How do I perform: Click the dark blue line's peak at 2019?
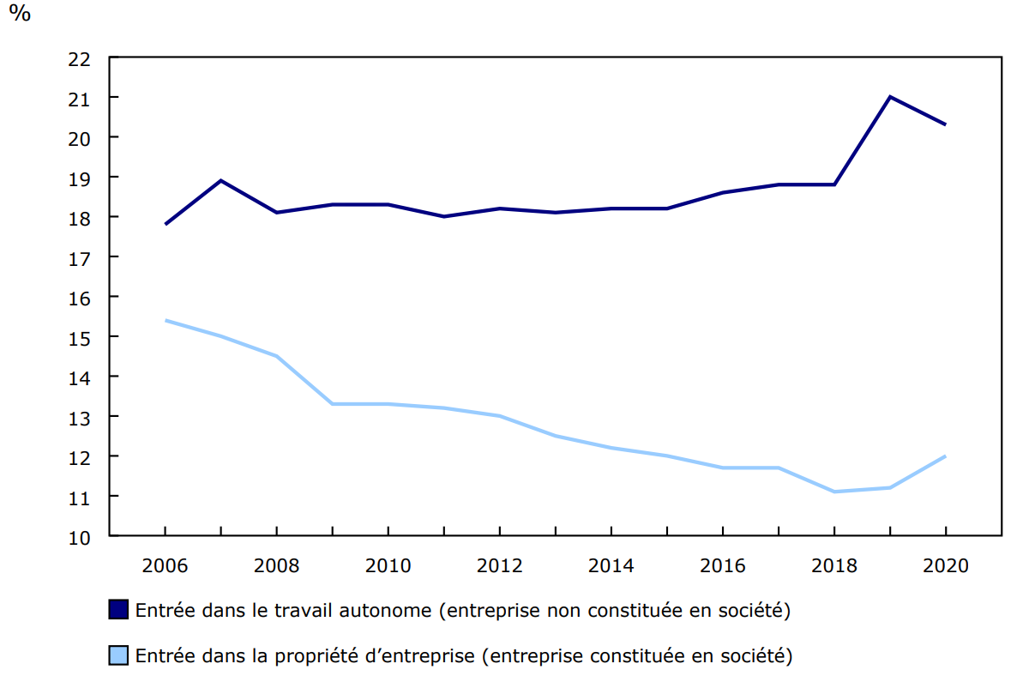(890, 97)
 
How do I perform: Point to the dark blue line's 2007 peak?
(221, 180)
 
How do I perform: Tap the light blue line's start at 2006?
(165, 320)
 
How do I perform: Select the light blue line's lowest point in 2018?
(833, 492)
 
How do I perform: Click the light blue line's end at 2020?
(945, 456)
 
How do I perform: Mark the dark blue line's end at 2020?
(945, 124)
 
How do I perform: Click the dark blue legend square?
(118, 610)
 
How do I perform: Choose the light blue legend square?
(118, 656)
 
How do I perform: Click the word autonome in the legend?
(386, 611)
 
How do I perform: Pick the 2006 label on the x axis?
(165, 566)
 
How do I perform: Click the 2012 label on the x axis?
(499, 566)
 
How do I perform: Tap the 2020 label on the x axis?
(945, 566)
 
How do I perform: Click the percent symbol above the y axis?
(19, 15)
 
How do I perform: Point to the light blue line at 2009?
(333, 403)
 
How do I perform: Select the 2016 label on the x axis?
(722, 566)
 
